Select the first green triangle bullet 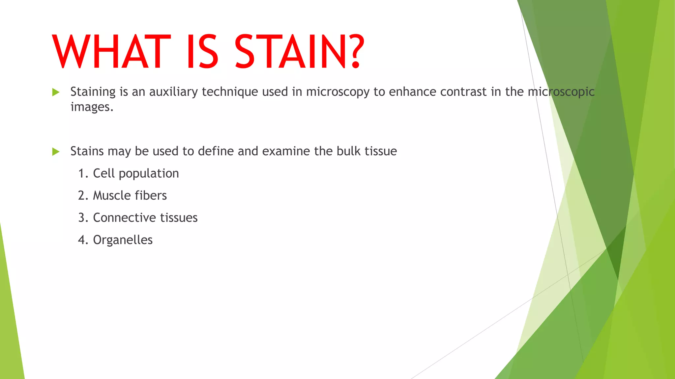[56, 92]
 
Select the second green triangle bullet [56, 152]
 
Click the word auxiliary [173, 92]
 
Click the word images [92, 107]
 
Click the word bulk [348, 151]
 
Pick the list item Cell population [136, 174]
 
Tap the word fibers [151, 196]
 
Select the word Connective [124, 218]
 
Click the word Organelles [123, 240]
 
